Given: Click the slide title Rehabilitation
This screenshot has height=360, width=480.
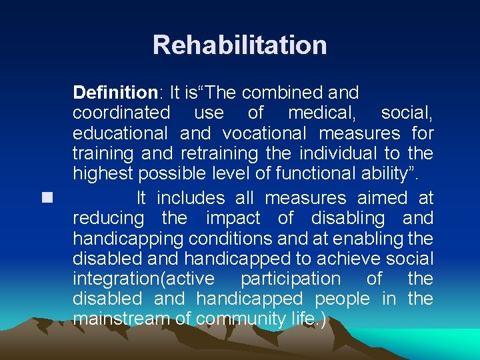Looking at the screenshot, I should pos(239,45).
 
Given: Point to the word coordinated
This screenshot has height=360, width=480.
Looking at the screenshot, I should pos(121,113).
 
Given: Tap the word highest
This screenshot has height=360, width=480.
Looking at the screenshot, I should pos(103,173).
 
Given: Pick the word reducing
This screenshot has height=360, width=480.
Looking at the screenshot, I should pos(108,218).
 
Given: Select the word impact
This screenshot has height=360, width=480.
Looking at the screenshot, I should pos(233,218).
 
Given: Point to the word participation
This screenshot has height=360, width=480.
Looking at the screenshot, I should pos(290,279).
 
